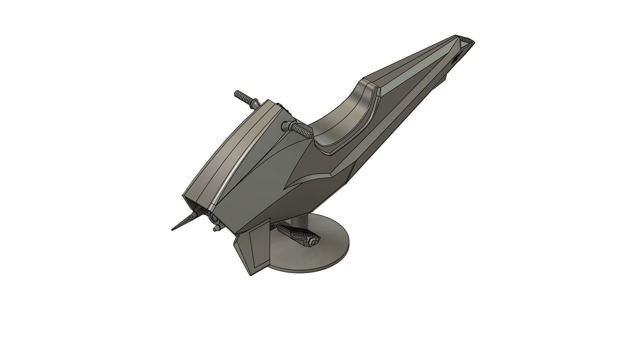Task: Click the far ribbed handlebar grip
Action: tap(243, 96)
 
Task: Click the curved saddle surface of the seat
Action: tap(343, 123)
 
